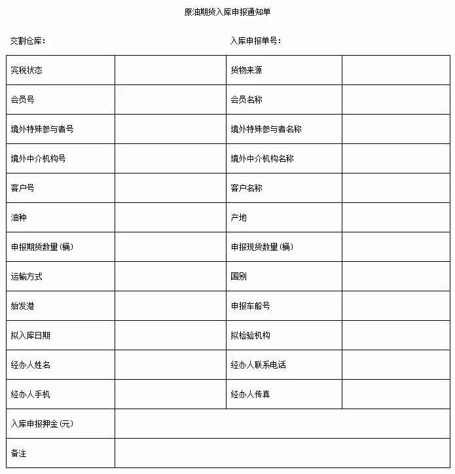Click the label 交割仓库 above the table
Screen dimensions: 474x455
27,41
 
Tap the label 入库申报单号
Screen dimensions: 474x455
255,41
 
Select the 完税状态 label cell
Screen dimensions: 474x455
27,70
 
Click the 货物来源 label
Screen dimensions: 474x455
246,70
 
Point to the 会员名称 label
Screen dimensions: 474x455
246,100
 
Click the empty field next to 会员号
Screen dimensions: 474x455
170,100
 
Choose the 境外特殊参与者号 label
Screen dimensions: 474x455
43,129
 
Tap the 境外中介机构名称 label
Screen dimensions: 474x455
262,158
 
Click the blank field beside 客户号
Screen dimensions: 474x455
170,188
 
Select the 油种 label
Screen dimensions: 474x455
19,217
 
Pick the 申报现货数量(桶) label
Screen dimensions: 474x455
262,247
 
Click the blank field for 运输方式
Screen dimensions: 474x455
170,276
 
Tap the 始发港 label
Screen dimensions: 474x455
23,306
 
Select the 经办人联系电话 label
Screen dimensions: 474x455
258,365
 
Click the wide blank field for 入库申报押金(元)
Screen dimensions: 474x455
283,424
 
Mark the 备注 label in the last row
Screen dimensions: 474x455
19,453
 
